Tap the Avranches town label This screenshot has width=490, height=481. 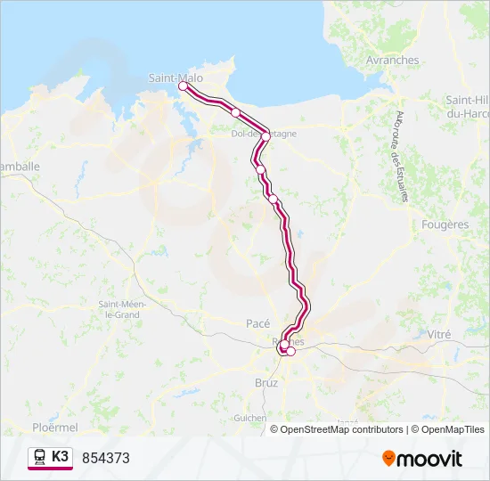392,61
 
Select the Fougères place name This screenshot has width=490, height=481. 445,225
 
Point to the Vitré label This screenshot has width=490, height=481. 439,334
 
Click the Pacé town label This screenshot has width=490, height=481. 257,323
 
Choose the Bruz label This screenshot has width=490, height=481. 266,382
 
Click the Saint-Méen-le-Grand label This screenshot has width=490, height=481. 122,309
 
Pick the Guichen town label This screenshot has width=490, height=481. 249,417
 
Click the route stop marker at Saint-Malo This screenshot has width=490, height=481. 184,86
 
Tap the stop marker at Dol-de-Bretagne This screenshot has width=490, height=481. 265,136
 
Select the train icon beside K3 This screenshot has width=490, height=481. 40,457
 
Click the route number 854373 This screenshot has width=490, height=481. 106,458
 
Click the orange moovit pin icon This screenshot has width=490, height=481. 388,459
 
